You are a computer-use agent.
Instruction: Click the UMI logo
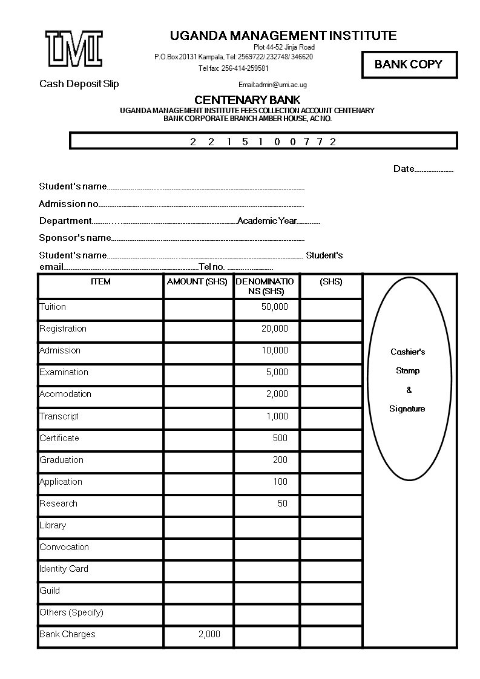pyautogui.click(x=74, y=48)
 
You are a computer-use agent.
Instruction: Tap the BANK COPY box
pyautogui.click(x=409, y=65)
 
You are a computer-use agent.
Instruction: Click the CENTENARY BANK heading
pyautogui.click(x=247, y=100)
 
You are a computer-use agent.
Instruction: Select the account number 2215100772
pyautogui.click(x=263, y=142)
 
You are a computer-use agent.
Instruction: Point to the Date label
pyautogui.click(x=404, y=169)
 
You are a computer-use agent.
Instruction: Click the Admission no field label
pyautogui.click(x=68, y=204)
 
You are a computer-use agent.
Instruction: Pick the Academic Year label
pyautogui.click(x=267, y=221)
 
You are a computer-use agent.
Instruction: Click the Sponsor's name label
pyautogui.click(x=75, y=238)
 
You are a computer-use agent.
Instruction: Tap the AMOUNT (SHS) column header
pyautogui.click(x=197, y=281)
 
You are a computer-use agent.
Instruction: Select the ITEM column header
pyautogui.click(x=100, y=281)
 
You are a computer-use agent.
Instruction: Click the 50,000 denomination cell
pyautogui.click(x=274, y=307)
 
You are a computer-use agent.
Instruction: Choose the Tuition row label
pyautogui.click(x=53, y=307)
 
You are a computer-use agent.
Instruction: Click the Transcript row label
pyautogui.click(x=59, y=416)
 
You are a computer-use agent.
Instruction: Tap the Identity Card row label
pyautogui.click(x=64, y=569)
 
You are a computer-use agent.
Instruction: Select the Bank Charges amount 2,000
pyautogui.click(x=209, y=634)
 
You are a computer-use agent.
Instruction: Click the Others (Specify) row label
pyautogui.click(x=71, y=612)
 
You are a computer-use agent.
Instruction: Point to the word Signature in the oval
pyautogui.click(x=407, y=409)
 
